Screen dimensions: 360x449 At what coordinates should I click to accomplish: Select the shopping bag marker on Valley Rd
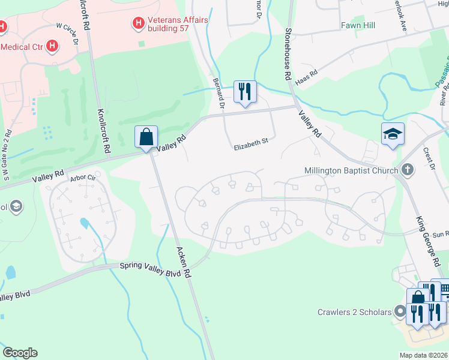pyautogui.click(x=146, y=137)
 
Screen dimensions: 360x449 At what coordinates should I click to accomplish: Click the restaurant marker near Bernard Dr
pyautogui.click(x=244, y=91)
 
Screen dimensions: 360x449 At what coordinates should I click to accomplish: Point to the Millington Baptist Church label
pyautogui.click(x=352, y=170)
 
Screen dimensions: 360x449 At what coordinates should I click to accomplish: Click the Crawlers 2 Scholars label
pyautogui.click(x=354, y=311)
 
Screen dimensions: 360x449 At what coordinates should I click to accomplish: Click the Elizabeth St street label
pyautogui.click(x=250, y=143)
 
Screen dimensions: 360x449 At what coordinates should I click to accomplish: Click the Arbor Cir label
pyautogui.click(x=83, y=178)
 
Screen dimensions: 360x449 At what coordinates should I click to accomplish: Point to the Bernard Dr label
pyautogui.click(x=218, y=92)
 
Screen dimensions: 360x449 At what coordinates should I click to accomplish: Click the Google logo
pyautogui.click(x=20, y=353)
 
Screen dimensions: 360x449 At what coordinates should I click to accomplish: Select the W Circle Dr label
pyautogui.click(x=67, y=34)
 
